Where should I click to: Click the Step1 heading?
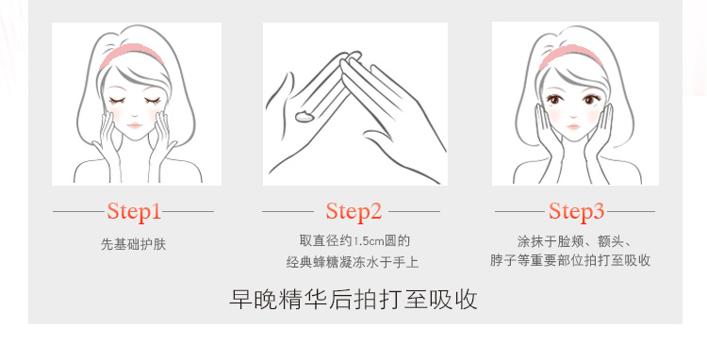(x=134, y=211)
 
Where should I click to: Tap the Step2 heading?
(x=353, y=211)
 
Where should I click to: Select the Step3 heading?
(x=576, y=211)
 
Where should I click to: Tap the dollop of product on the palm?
(x=304, y=116)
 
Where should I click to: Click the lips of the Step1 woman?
(x=135, y=125)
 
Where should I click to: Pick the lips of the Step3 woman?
(x=573, y=126)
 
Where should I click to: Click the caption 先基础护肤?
(x=134, y=244)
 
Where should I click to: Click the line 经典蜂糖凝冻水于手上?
(x=353, y=262)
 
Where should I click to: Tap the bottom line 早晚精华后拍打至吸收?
(x=353, y=299)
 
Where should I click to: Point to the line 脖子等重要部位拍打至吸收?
(x=570, y=260)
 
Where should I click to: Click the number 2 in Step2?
(x=375, y=211)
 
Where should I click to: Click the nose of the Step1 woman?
(x=134, y=113)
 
